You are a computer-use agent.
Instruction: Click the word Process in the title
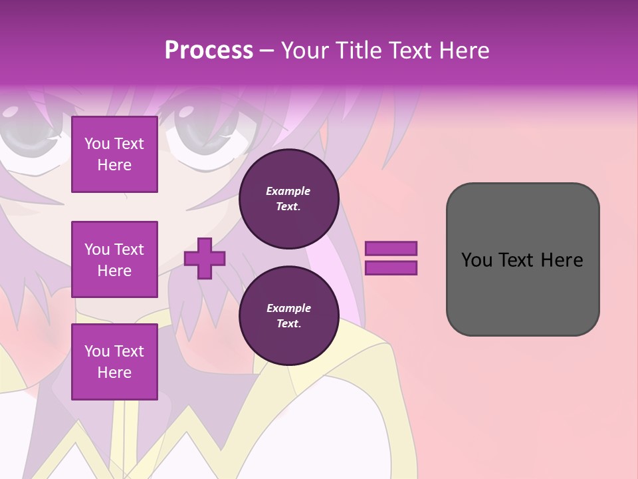[x=209, y=51]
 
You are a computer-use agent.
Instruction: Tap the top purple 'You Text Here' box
[x=114, y=154]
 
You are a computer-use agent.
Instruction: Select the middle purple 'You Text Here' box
[x=114, y=259]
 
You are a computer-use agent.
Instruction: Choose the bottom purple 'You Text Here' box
[x=114, y=362]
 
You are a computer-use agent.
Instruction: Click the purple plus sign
[x=205, y=259]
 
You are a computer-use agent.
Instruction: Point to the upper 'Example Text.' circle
[x=288, y=199]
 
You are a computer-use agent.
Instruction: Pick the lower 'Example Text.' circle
[x=288, y=316]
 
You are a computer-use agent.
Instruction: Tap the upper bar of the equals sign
[x=391, y=249]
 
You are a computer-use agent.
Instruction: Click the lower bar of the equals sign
[x=391, y=268]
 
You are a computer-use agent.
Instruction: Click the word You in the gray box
[x=477, y=260]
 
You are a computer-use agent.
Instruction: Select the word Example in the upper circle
[x=288, y=191]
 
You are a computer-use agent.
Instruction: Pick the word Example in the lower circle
[x=288, y=308]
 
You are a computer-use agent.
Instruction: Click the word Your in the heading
[x=304, y=51]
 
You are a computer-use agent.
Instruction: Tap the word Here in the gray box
[x=562, y=260]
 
